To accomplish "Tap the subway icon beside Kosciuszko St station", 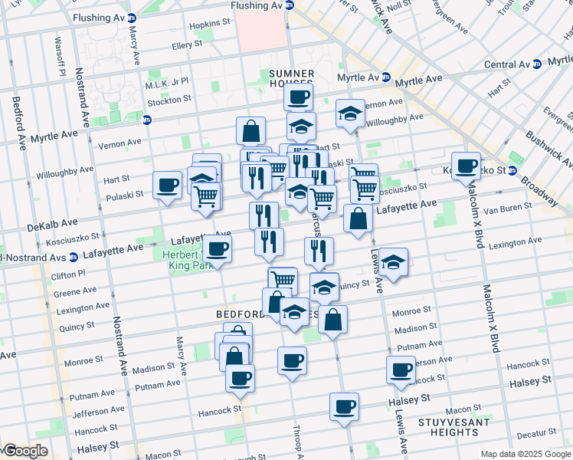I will pos(512,169).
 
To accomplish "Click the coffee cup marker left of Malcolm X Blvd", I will pos(465,166).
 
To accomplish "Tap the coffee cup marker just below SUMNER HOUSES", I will pos(298,97).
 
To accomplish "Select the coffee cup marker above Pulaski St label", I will pos(167,185).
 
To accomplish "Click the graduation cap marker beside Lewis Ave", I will pos(393,262).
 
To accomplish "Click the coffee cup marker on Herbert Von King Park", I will pos(218,249).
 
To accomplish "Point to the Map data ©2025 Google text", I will pos(526,454).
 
